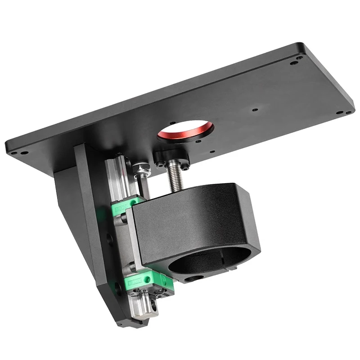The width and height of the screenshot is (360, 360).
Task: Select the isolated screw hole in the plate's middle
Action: (x=255, y=109)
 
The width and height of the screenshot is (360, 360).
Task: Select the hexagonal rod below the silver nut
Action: (x=143, y=184)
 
